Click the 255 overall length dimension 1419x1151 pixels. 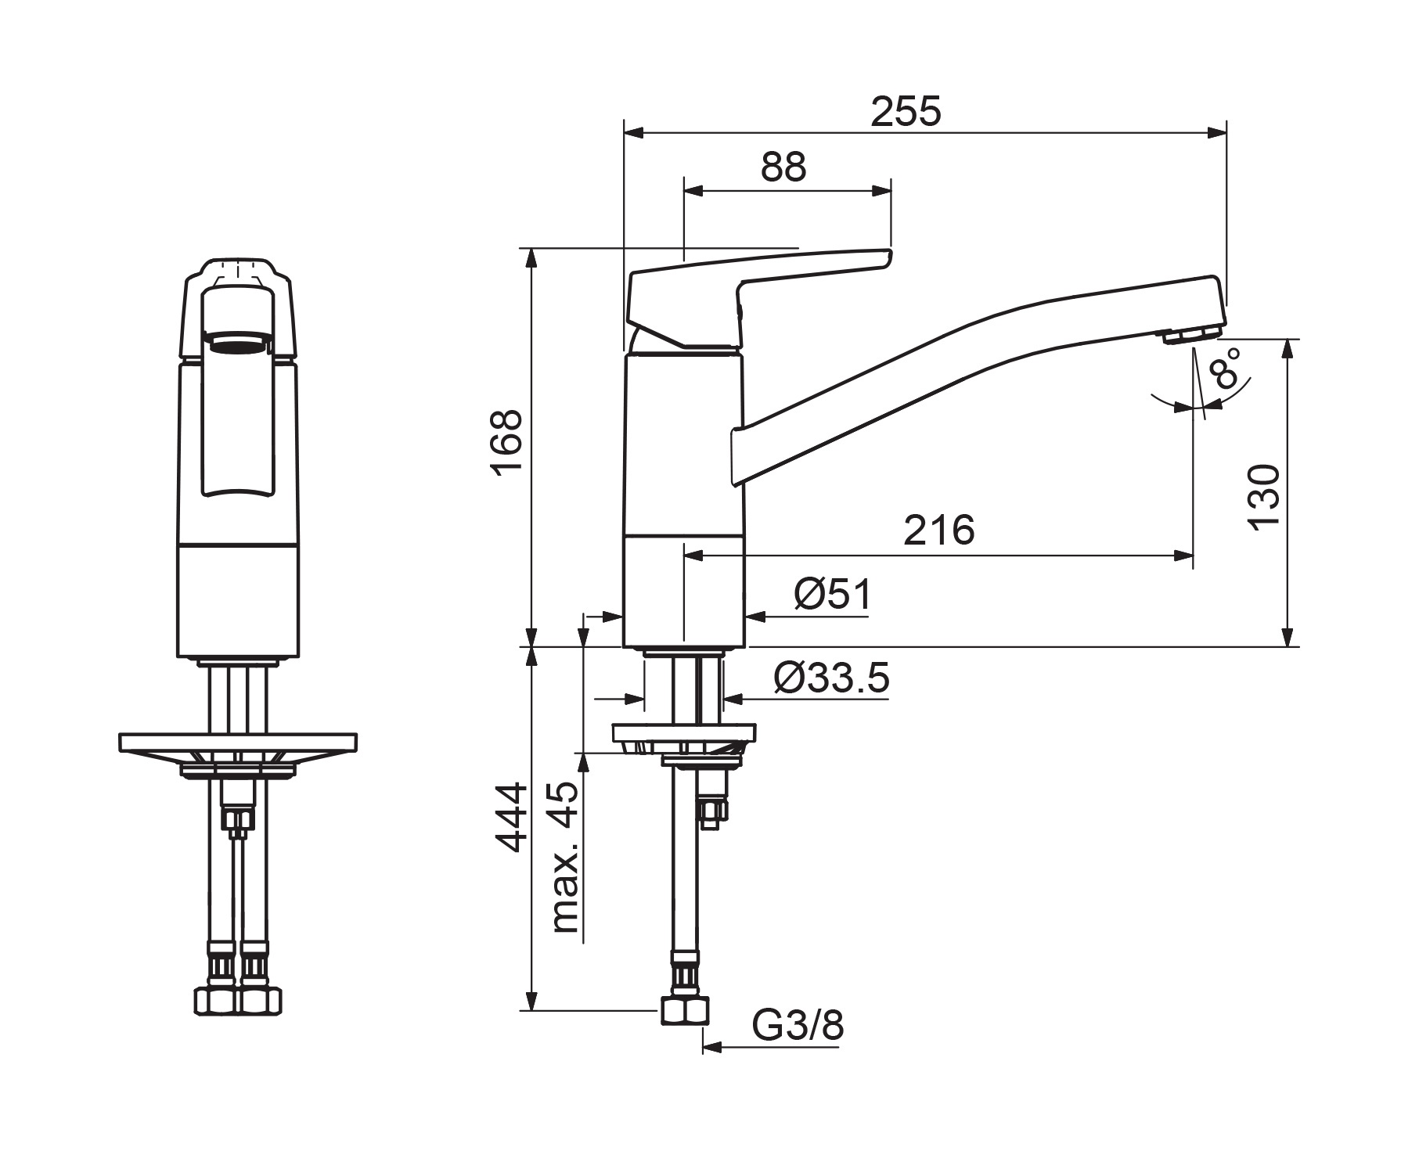[906, 111]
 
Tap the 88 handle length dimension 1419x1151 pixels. [783, 167]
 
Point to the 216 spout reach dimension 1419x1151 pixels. [939, 531]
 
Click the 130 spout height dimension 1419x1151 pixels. [1264, 498]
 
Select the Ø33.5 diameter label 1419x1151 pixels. [831, 678]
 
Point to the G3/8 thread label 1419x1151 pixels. [798, 1025]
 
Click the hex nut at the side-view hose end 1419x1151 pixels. [685, 1009]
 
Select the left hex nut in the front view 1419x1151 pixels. [215, 1001]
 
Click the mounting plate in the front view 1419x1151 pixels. [238, 741]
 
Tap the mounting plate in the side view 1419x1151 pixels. [685, 732]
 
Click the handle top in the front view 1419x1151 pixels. [238, 270]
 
